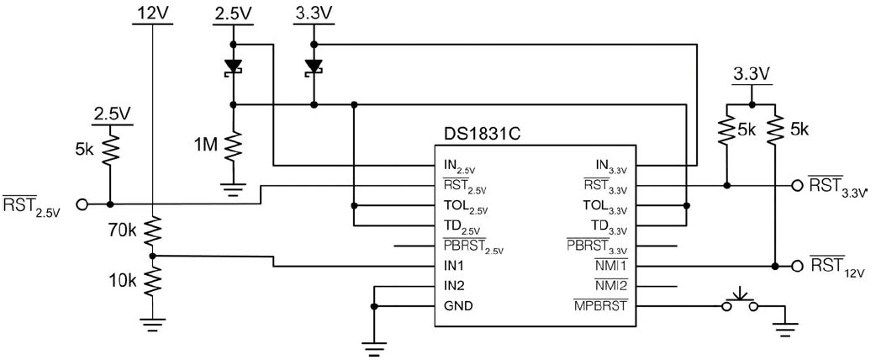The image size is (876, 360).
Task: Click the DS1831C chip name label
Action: pos(480,134)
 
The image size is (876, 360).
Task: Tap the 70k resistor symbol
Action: pos(152,230)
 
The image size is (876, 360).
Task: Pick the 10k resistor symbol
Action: pos(152,282)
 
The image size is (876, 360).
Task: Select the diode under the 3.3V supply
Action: pos(314,66)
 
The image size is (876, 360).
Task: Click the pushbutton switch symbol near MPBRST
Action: pos(740,301)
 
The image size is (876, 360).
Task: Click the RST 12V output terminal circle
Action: pos(796,266)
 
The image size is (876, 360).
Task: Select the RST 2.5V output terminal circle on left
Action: pos(82,204)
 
